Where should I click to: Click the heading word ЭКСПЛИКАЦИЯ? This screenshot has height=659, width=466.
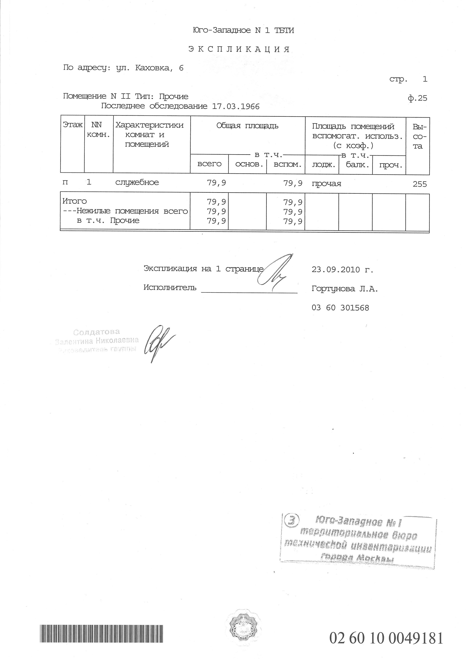click(239, 50)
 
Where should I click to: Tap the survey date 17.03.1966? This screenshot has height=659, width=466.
click(236, 106)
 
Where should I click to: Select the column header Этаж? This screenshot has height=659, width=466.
click(73, 125)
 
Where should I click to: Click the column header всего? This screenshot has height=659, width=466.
click(210, 164)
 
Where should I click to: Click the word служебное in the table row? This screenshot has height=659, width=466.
click(137, 182)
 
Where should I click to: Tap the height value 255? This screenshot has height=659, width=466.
click(420, 184)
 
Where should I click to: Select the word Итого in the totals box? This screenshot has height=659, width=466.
click(75, 201)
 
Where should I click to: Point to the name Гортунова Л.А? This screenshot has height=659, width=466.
click(345, 289)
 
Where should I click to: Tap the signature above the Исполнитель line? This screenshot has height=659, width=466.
click(276, 270)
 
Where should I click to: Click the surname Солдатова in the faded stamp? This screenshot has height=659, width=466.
click(96, 332)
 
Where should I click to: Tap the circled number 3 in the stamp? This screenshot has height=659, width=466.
click(292, 520)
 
